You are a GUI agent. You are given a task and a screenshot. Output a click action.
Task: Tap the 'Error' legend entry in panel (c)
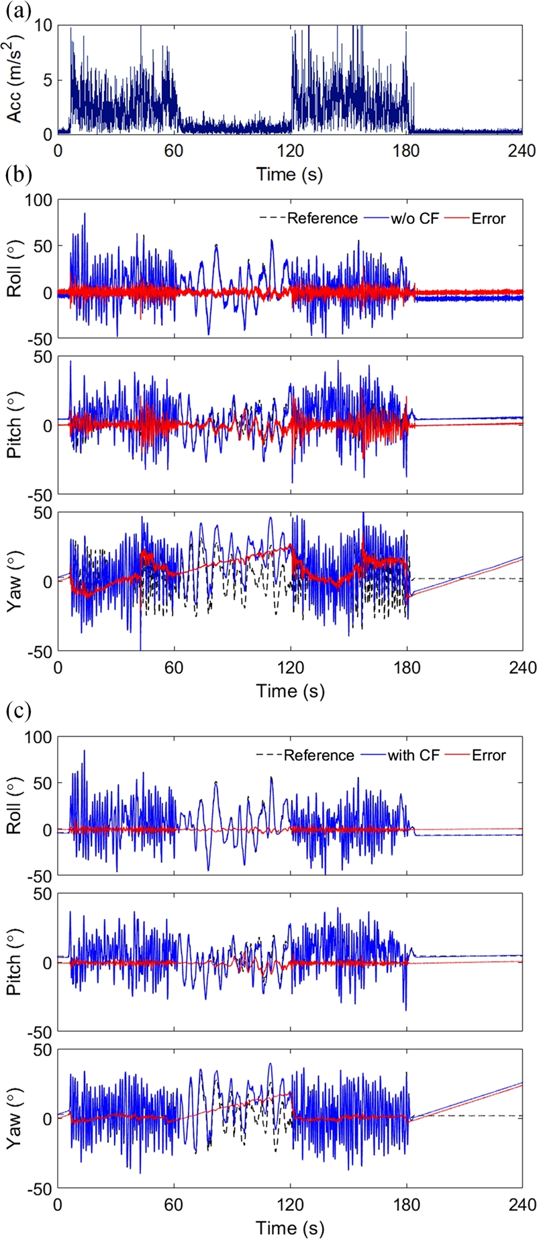[488, 755]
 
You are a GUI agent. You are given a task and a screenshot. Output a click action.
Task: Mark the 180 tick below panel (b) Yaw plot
[407, 667]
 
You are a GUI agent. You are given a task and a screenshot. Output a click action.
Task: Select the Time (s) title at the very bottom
[290, 1227]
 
